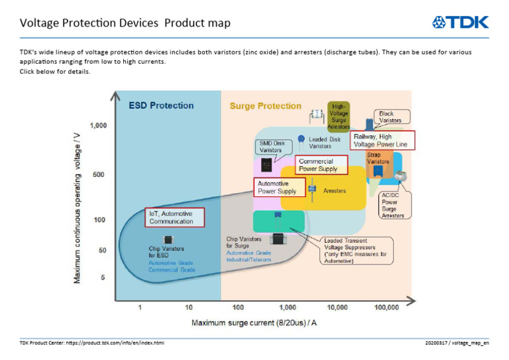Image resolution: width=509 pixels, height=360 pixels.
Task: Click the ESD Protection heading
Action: click(161, 105)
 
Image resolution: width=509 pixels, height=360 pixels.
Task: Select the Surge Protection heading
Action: click(265, 106)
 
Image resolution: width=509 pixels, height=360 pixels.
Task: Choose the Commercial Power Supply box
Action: click(321, 165)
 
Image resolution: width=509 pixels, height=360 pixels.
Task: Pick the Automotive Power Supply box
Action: click(281, 188)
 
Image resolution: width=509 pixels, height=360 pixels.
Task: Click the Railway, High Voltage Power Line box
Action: click(384, 140)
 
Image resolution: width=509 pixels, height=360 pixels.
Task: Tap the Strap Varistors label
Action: click(378, 158)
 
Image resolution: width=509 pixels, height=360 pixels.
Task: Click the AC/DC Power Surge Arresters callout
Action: click(394, 205)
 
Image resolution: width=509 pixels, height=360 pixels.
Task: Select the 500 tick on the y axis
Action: click(99, 174)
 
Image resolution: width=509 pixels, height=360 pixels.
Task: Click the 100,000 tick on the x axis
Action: click(386, 308)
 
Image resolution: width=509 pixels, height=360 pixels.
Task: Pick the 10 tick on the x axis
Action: click(189, 308)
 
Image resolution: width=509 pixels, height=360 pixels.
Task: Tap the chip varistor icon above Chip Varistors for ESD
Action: click(169, 239)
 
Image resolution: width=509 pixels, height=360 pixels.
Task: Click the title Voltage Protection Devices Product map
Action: click(125, 23)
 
